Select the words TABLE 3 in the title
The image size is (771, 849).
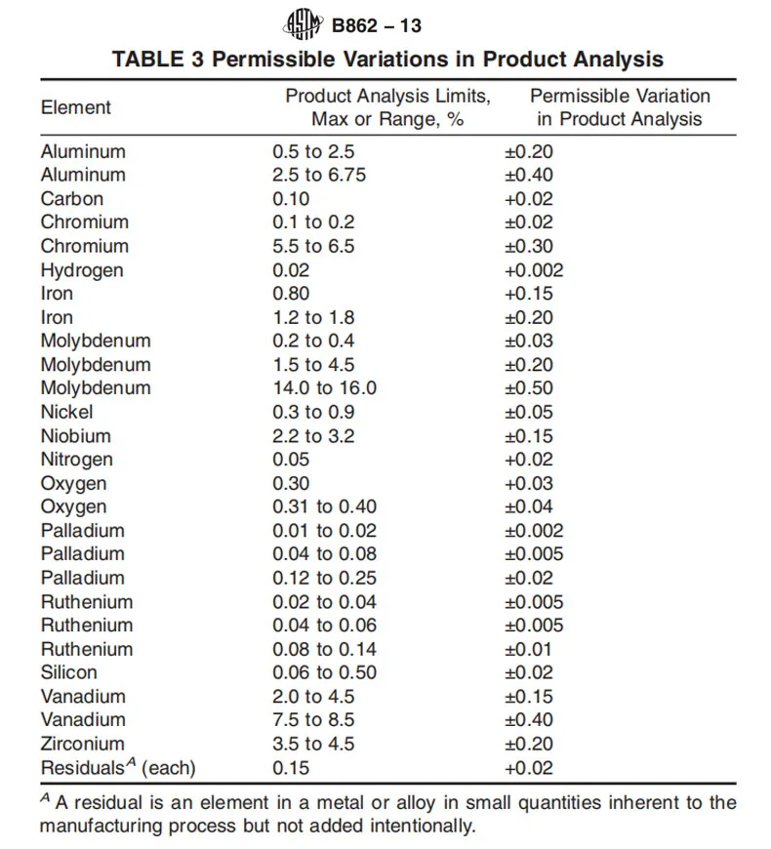pos(157,59)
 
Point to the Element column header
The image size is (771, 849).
pos(76,107)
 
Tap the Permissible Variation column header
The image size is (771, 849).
pos(620,107)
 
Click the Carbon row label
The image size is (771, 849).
pos(72,199)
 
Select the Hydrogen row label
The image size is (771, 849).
pos(82,270)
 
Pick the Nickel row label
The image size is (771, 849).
pos(67,412)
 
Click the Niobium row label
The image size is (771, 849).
pos(76,436)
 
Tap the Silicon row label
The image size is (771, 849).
pos(69,672)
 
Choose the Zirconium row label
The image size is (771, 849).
pos(83,744)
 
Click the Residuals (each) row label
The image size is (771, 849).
pos(118,768)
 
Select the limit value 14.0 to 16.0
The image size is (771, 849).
pos(324,388)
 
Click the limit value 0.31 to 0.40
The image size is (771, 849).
pos(324,506)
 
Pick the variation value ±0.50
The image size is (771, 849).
pos(528,388)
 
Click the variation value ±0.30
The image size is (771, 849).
pos(528,247)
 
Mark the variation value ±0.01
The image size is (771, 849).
pos(528,649)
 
